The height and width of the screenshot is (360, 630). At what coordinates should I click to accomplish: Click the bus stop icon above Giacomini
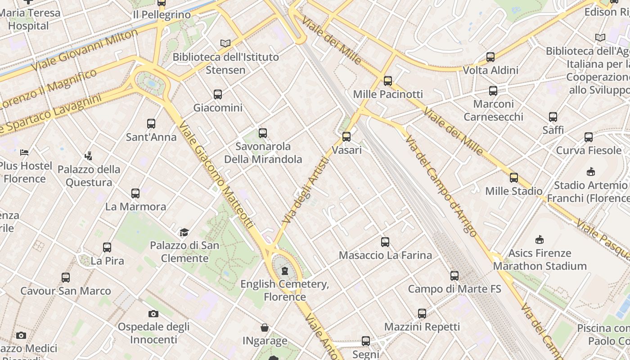point(218,94)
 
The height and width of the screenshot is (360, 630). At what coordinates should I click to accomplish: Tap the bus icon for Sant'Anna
point(151,124)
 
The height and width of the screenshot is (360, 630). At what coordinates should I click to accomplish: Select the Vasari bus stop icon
point(346,137)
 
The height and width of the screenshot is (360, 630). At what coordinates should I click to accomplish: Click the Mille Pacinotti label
point(388,94)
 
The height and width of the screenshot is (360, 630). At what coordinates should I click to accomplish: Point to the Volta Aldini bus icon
point(490,57)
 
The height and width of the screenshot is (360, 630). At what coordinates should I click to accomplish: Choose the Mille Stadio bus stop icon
point(514,178)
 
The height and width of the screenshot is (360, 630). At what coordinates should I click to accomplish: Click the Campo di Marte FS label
point(454,288)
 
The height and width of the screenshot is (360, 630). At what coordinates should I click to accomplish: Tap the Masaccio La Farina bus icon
point(385,242)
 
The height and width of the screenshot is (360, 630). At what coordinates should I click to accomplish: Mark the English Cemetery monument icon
point(284,271)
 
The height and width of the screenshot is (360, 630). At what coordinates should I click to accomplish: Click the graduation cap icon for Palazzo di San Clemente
point(184,233)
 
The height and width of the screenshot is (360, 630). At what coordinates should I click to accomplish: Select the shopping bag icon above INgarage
point(265,328)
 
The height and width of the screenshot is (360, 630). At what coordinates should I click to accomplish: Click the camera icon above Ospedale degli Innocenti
point(153,314)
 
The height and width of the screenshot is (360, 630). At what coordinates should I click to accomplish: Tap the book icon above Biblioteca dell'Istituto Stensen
point(225,44)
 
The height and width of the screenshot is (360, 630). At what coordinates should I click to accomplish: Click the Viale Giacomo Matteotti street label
point(216,175)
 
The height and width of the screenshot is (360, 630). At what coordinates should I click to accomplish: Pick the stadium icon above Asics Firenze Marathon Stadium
point(540,239)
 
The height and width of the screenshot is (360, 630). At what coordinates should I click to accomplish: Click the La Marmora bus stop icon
point(135,193)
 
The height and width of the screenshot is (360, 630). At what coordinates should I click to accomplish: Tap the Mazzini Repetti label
point(422,327)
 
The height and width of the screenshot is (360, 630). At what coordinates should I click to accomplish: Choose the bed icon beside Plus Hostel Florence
point(25,152)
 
